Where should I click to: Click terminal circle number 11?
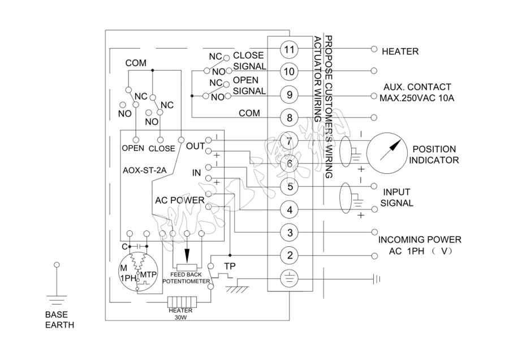(290, 49)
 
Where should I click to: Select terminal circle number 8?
(290, 118)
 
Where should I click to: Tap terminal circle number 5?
(290, 187)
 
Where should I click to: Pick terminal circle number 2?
(290, 255)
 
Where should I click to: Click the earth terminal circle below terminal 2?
(290, 278)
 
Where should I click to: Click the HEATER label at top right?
(400, 52)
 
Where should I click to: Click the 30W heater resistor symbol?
(180, 302)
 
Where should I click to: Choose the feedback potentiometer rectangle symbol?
(187, 268)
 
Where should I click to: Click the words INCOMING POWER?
(420, 239)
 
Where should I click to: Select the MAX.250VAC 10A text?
(417, 98)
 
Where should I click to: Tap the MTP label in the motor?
(148, 275)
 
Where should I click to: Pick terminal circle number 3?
(290, 232)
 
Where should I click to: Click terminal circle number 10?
(290, 72)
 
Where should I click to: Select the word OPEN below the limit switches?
(133, 149)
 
